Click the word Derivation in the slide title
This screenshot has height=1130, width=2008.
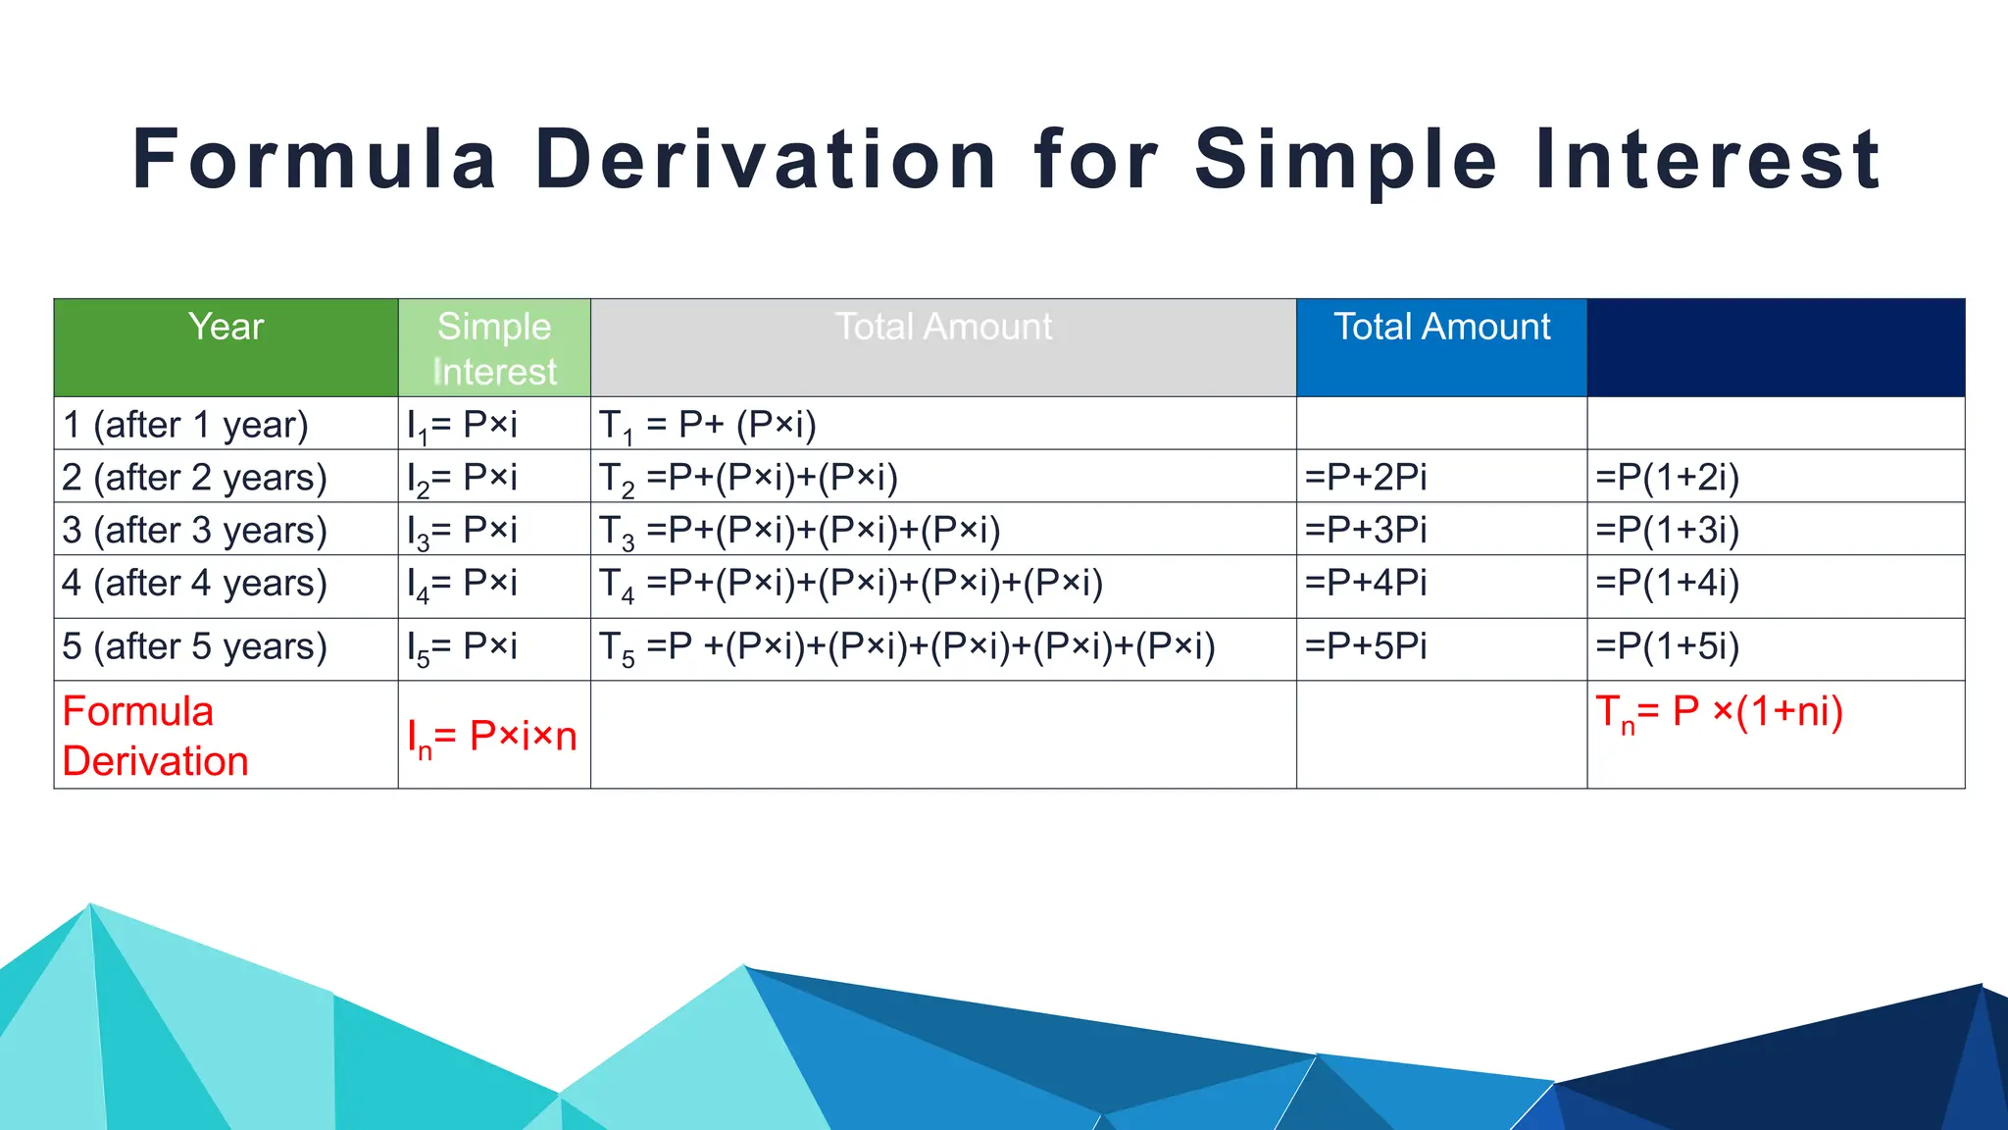pos(766,159)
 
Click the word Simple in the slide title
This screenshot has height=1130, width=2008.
pos(1346,159)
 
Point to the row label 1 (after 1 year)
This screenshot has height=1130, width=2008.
pos(185,425)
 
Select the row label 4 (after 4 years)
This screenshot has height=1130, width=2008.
pos(194,584)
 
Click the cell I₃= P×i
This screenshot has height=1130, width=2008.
pos(462,531)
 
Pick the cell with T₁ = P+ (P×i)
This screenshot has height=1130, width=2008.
pos(708,425)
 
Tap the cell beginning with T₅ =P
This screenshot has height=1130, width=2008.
pos(907,647)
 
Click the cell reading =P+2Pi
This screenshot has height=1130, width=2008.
pos(1366,478)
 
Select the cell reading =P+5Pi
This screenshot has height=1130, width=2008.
pos(1366,647)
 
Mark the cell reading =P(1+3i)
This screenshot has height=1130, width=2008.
pos(1667,531)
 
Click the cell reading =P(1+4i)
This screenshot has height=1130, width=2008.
pos(1667,584)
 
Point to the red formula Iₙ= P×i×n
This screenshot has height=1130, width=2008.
pos(492,737)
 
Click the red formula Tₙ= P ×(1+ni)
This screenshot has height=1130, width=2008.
pos(1720,712)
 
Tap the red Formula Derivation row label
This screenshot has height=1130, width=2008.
pos(155,736)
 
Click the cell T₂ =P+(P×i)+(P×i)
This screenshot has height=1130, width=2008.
pos(749,478)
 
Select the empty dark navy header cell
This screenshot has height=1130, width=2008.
pos(1776,347)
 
